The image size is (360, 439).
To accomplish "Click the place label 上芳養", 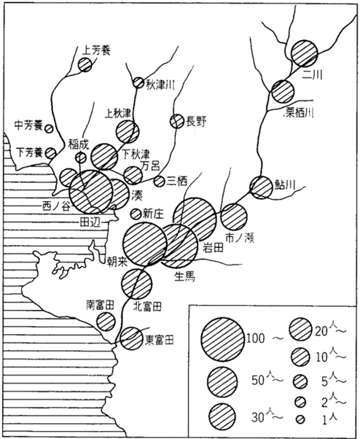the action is tap(96, 50).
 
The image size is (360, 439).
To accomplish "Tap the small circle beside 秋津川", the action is tap(138, 83).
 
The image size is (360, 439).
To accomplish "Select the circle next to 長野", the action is tap(177, 122).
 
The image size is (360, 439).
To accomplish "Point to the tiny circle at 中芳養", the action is tap(50, 128).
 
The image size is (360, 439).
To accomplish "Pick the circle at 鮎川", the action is tap(261, 187).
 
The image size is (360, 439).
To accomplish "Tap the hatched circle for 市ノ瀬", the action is tap(234, 217).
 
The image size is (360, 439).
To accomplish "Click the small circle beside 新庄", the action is tap(136, 214).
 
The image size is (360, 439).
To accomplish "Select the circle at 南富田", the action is tap(106, 322).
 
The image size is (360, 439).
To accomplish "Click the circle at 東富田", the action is tap(131, 338).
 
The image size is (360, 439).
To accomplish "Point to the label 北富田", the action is tap(148, 307).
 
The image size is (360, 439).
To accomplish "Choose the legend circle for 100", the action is tap(223, 339).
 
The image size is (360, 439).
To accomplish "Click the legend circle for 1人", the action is tap(300, 419).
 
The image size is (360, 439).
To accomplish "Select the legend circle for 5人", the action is tap(300, 381).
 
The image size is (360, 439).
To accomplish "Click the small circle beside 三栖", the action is tap(160, 181).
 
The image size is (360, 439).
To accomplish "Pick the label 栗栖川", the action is tap(298, 113).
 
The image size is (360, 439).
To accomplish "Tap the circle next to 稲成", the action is tap(81, 158).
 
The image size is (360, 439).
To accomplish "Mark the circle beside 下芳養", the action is tap(50, 153).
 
